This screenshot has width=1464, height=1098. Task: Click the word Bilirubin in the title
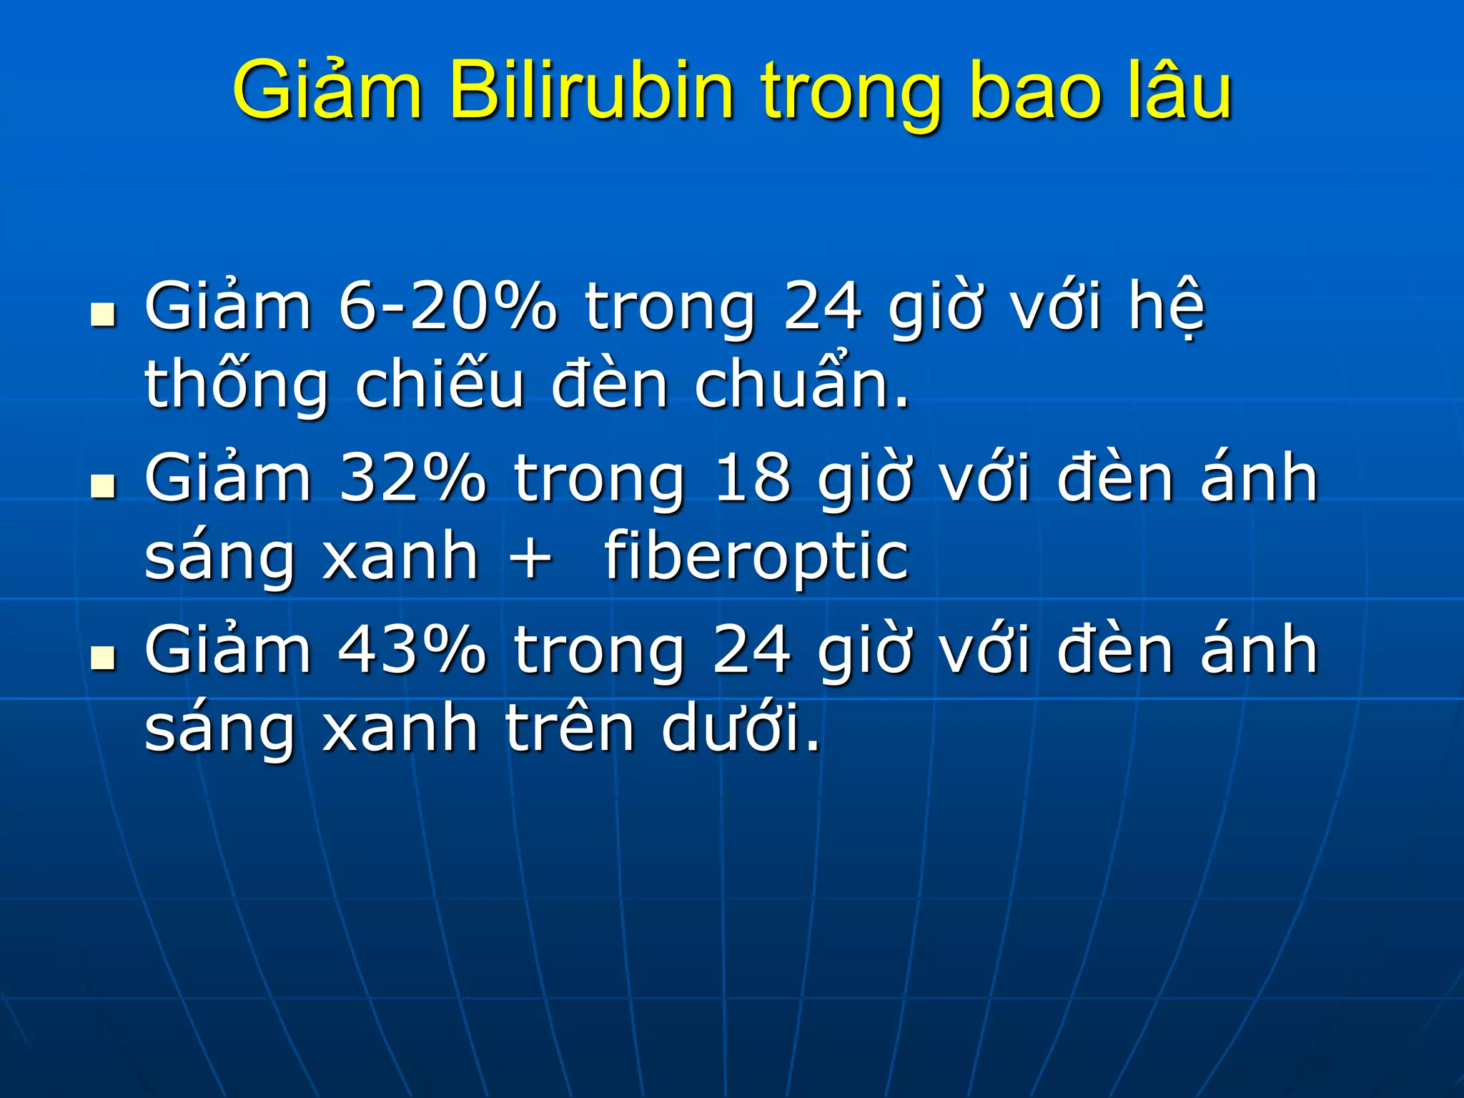[x=591, y=91]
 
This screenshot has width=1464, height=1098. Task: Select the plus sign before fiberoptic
[x=530, y=558]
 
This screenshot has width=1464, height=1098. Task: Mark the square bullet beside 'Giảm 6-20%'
[x=104, y=315]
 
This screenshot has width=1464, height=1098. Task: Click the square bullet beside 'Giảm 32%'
[x=104, y=486]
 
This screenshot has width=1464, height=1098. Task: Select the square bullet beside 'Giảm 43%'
[x=104, y=658]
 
